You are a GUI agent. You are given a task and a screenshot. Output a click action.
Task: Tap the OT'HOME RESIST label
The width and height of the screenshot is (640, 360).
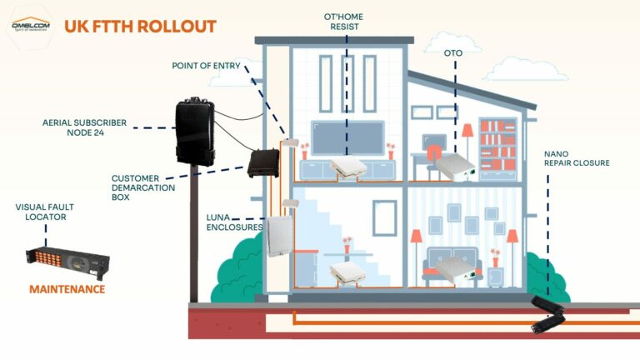click(x=346, y=22)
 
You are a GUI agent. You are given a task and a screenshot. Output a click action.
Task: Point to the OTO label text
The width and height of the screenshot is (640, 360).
click(x=453, y=52)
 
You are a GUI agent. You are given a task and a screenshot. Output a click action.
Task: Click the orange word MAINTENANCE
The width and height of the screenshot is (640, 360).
click(x=67, y=289)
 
